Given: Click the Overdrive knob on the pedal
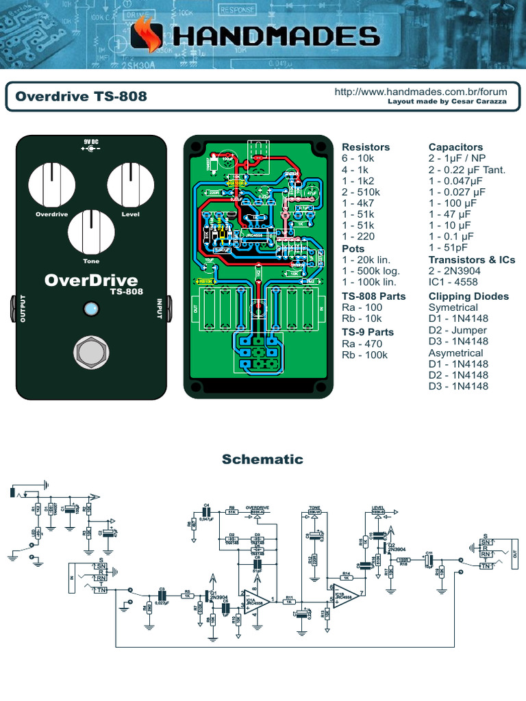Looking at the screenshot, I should coord(52,184).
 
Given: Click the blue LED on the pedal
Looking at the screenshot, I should coord(90,309).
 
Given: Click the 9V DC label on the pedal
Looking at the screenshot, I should coord(91,141).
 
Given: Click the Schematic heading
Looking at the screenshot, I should coord(262,459).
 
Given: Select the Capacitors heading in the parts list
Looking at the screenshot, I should coord(455,147).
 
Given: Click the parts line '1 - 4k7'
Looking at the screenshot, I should coord(358,203).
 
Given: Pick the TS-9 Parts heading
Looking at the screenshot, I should coord(368,332).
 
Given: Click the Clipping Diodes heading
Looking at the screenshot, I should coord(468,296).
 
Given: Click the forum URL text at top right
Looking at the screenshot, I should coord(421,91).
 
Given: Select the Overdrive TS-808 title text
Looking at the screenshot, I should coord(81,97).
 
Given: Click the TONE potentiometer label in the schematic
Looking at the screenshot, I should coord(314,507).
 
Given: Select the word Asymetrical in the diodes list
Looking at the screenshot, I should coord(455,353).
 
